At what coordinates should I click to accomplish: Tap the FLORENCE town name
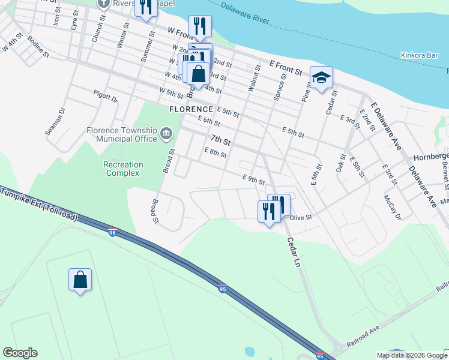191,109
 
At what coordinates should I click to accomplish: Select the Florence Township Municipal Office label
122,135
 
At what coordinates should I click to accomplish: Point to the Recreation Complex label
123,169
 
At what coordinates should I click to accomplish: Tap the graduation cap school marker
321,77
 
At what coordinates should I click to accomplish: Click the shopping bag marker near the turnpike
80,280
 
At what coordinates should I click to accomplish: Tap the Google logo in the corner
20,353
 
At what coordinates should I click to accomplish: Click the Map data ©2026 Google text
412,355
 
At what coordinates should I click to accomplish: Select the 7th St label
220,140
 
